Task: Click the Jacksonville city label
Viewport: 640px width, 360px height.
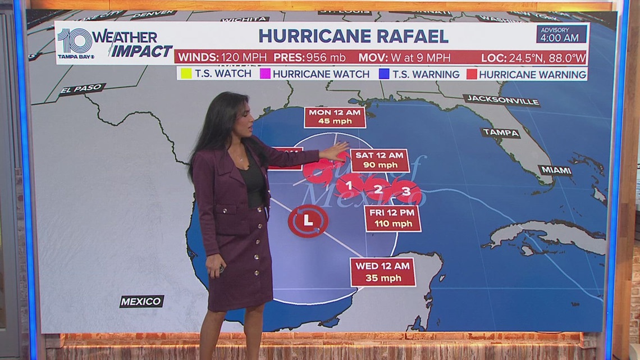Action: point(502,101)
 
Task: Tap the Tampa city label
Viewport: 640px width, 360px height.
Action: point(500,133)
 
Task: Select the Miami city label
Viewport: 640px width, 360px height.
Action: point(555,170)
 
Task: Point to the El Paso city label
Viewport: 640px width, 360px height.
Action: point(82,89)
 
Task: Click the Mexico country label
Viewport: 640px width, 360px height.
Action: point(141,302)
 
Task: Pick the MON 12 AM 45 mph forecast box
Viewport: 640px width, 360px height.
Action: point(335,117)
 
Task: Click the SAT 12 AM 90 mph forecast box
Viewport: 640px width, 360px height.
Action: point(379,160)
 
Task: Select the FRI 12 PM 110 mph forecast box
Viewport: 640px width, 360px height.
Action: point(392,218)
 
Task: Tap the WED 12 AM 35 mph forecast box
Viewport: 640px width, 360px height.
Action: point(383,271)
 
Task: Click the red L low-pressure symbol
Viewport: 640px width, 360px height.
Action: point(308,221)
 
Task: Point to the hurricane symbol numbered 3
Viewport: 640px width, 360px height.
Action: point(406,192)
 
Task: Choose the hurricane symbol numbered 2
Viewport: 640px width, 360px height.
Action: point(378,189)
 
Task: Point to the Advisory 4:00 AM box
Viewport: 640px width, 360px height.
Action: point(561,34)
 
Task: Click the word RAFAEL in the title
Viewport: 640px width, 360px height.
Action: point(401,36)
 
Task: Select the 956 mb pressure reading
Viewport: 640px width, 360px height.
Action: point(326,57)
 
